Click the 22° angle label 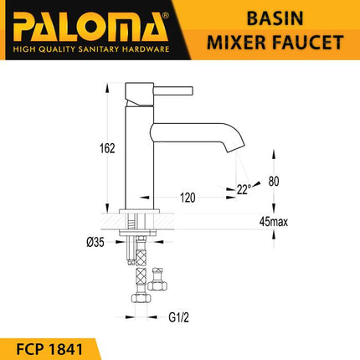click(243, 190)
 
